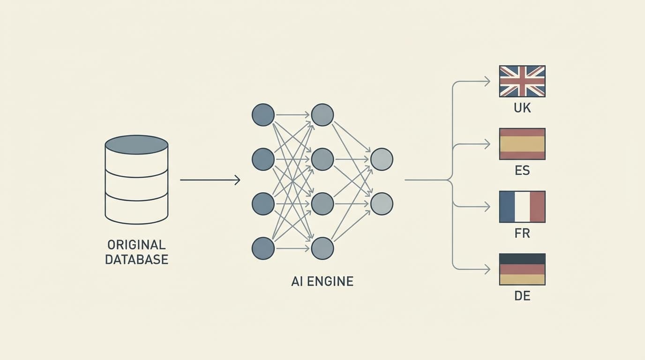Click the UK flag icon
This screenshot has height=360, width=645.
coord(522,81)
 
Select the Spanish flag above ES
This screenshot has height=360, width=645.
coord(522,144)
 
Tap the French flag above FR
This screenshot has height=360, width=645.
coord(522,207)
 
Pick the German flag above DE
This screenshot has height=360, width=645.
coord(522,270)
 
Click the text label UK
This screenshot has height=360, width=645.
coord(522,108)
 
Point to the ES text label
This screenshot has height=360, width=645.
coord(522,171)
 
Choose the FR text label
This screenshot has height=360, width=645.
coord(522,233)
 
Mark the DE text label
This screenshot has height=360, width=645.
coord(522,296)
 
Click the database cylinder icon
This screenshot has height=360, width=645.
coord(136,180)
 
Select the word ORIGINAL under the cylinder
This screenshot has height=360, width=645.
coord(136,245)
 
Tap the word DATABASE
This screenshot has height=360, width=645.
coord(136,260)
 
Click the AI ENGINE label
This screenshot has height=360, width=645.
coord(322,282)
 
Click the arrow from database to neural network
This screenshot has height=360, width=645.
coord(210,180)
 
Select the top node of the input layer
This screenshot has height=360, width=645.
coord(263,115)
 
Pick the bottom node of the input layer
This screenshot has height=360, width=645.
coord(263,248)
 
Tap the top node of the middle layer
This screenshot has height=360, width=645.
coord(322,115)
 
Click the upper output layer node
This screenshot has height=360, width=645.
coord(382,159)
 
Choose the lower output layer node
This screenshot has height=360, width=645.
coord(382,204)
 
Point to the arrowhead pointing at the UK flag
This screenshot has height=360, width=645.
coord(487,82)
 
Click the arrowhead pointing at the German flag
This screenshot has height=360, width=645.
coord(487,270)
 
